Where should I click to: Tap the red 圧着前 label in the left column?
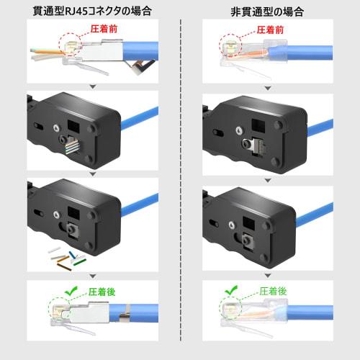click(102, 32)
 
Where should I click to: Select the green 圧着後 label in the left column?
click(102, 293)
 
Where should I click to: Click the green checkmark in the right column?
click(232, 290)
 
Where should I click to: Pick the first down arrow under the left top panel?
click(91, 87)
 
